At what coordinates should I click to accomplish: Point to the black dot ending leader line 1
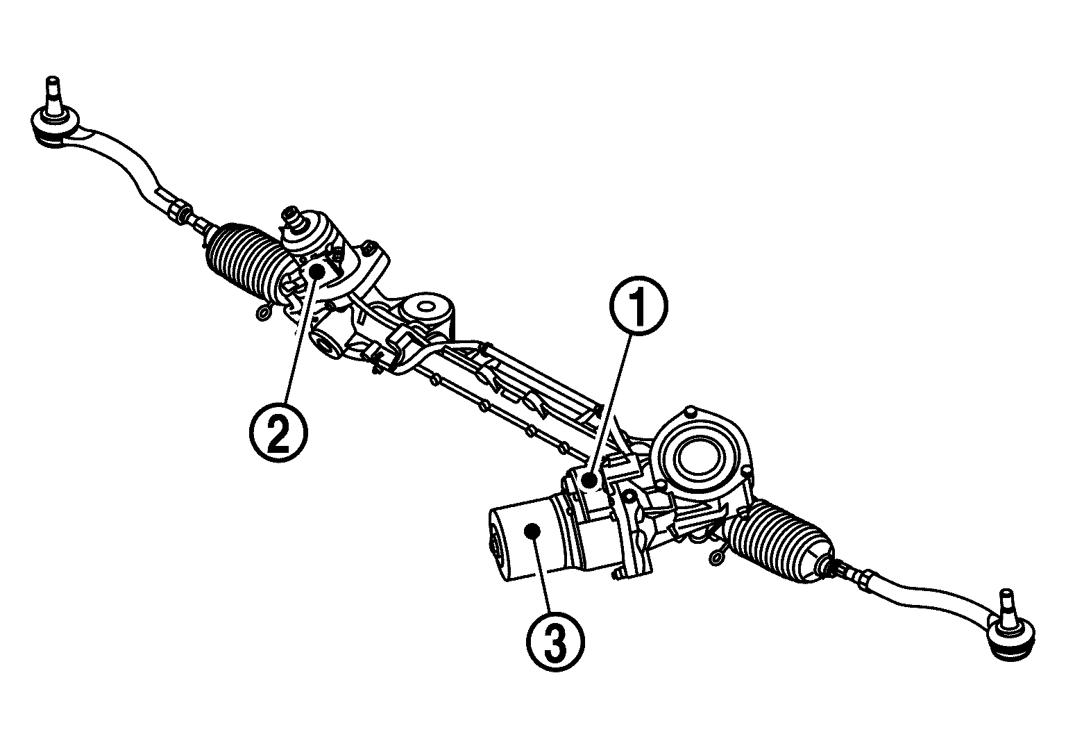(x=589, y=479)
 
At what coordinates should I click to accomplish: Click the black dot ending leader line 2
(x=317, y=270)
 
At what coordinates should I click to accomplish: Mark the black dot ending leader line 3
(x=533, y=531)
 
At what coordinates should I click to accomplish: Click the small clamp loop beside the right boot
(x=716, y=555)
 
